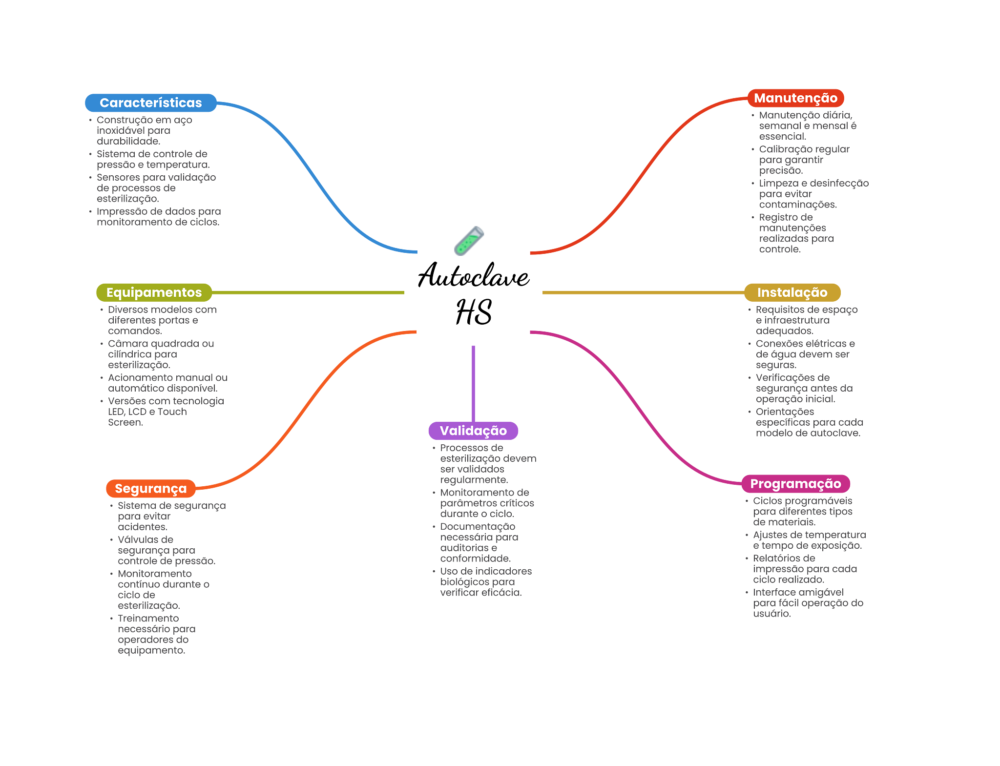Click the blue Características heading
tap(151, 103)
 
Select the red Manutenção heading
tap(795, 98)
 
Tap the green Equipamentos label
tap(154, 292)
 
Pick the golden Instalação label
tap(792, 292)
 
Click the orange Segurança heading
tap(151, 489)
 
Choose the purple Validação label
tap(473, 431)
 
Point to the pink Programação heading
tap(795, 484)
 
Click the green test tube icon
tap(469, 241)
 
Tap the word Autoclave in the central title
tap(474, 275)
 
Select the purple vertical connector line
tap(473, 384)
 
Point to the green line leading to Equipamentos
tap(308, 292)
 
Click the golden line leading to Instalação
tap(644, 292)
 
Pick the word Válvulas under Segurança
tap(139, 539)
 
